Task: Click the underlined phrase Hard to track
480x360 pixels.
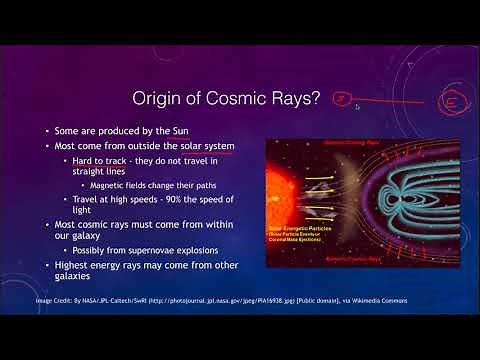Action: pyautogui.click(x=120, y=162)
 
